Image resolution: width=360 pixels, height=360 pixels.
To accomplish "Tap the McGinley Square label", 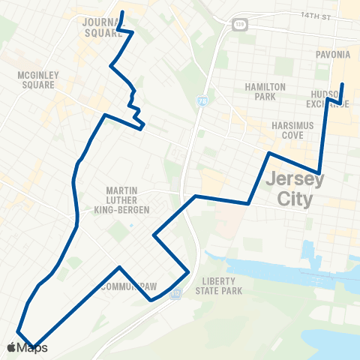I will point(36,79).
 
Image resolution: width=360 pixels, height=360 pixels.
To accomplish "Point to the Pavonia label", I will point(333,55).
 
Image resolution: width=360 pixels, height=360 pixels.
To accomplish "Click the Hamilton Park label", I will point(265,92).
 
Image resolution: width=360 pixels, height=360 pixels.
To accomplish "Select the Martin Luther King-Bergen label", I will point(128,199).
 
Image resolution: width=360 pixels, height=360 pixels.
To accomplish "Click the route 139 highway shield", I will point(238,24).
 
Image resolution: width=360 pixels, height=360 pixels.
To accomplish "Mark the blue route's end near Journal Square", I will point(121,13).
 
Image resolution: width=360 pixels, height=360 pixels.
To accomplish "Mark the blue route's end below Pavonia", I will point(343,83).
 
